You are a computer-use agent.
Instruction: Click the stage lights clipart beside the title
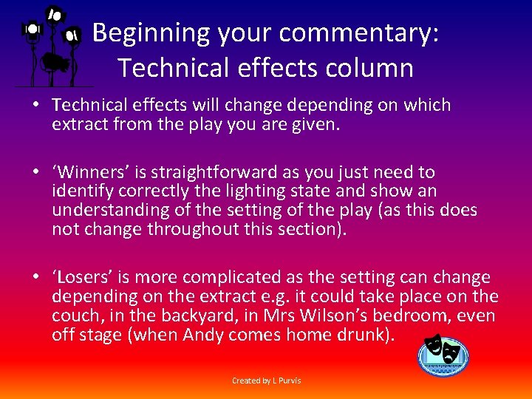tap(50, 46)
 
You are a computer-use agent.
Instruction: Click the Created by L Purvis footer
tap(266, 381)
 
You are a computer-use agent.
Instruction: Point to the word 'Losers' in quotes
tap(77, 278)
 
